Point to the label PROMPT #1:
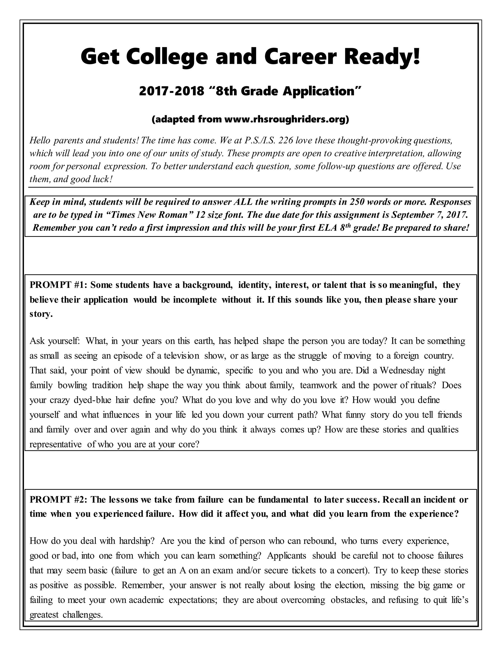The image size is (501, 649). [58, 285]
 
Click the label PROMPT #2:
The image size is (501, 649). [58, 500]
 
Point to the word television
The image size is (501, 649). [181, 356]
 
